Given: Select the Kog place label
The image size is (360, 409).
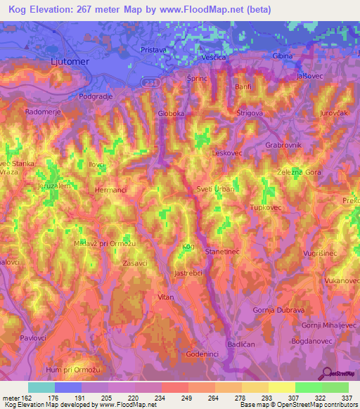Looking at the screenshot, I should [187, 246].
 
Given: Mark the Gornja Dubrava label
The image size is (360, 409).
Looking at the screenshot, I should [278, 310].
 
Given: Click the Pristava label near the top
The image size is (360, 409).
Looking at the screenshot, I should [153, 51].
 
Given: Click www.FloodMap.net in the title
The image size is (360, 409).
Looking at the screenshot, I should [211, 9].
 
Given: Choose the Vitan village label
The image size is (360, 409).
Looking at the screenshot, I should [166, 297].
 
